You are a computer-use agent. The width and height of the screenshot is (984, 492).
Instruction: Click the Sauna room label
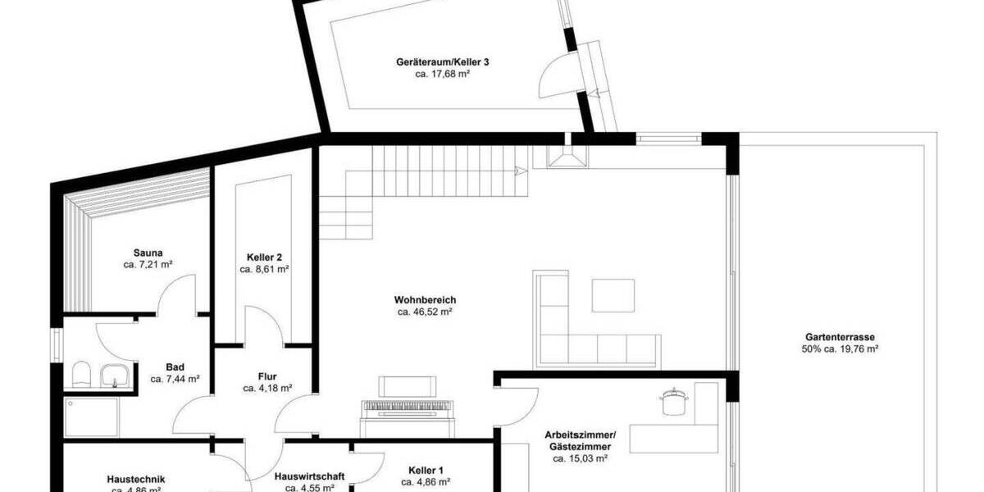click(148, 253)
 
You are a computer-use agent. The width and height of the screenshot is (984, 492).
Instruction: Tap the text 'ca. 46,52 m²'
click(426, 312)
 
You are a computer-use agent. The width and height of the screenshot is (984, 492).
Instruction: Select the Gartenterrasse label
click(840, 336)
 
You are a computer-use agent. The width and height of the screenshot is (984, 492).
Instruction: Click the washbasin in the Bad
click(112, 376)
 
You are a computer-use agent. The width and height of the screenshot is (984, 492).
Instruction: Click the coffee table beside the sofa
click(613, 295)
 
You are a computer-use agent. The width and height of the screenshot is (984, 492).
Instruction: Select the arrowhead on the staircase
click(520, 171)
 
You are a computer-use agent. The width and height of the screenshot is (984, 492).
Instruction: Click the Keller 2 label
click(264, 257)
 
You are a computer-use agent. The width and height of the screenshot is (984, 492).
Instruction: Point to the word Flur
click(267, 377)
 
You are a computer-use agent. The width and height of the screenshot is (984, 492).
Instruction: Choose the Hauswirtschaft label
click(309, 476)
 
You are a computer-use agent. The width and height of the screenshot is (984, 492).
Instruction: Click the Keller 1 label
click(426, 471)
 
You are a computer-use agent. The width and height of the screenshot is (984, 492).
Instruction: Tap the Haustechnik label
click(137, 479)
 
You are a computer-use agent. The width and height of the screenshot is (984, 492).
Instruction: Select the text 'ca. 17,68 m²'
click(442, 74)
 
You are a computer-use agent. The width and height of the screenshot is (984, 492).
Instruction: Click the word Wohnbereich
click(425, 300)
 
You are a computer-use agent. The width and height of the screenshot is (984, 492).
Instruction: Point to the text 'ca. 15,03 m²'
click(580, 459)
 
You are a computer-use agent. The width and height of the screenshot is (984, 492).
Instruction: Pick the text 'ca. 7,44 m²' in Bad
click(175, 380)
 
